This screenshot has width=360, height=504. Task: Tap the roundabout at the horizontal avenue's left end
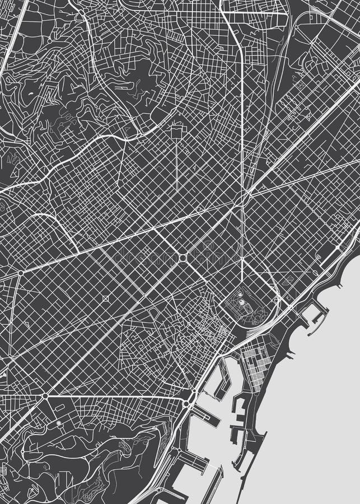(45, 396)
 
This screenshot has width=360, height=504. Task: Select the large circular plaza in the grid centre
(183, 257)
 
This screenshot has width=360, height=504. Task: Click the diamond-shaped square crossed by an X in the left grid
(105, 298)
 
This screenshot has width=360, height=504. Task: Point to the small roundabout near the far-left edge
(20, 273)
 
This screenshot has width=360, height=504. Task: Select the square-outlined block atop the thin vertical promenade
(178, 130)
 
